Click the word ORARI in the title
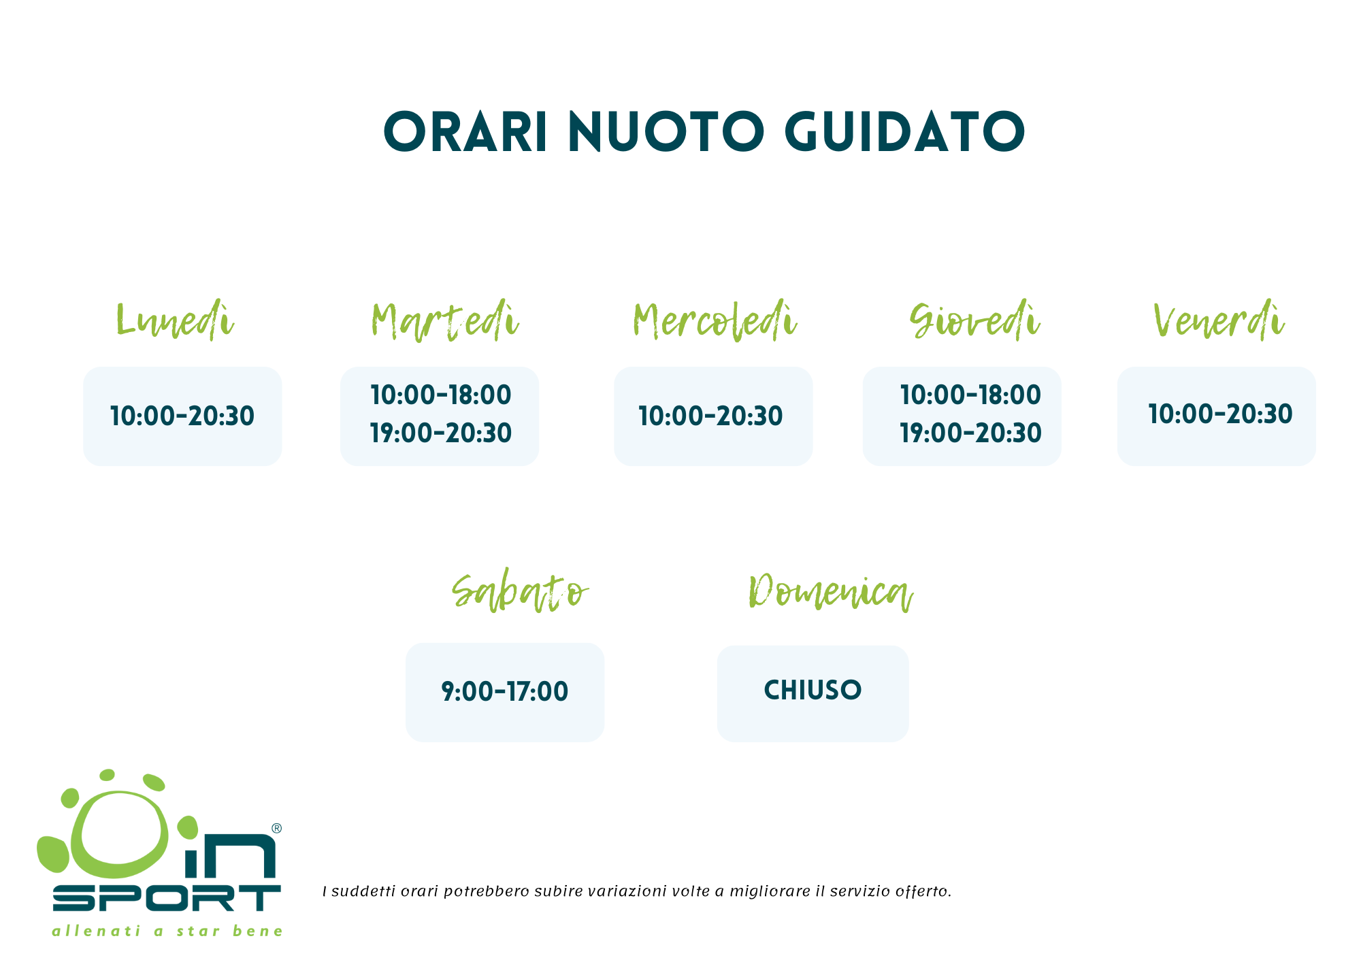466,131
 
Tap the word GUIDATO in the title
905,131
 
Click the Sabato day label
520,592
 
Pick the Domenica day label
830,592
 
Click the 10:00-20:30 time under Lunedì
182,416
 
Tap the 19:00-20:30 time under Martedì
441,433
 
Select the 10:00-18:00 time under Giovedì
970,395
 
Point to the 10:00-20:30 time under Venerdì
1220,414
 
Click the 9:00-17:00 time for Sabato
505,691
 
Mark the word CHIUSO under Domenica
813,690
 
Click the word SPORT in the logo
167,898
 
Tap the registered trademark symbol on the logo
276,828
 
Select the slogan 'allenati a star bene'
167,931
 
